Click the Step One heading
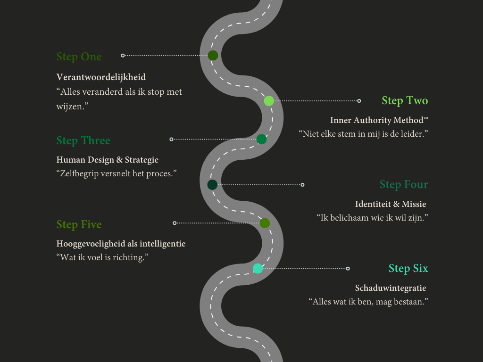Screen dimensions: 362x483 [x=79, y=57]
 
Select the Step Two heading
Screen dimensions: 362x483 [x=405, y=100]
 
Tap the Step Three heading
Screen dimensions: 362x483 [x=83, y=140]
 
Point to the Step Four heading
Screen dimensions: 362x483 [x=404, y=184]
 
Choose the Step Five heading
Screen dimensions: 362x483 [x=79, y=224]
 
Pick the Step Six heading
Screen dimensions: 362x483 [x=408, y=268]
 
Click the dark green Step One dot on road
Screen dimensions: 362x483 [x=213, y=56]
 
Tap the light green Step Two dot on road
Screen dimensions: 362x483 [x=269, y=100]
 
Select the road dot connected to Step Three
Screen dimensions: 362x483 [x=261, y=139]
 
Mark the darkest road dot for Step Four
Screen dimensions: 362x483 [x=212, y=184]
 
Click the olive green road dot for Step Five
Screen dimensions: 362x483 [x=265, y=223]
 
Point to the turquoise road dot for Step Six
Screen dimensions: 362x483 [x=258, y=269]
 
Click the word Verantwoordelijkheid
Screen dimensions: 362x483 [x=101, y=77]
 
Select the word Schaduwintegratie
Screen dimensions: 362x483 [x=391, y=288]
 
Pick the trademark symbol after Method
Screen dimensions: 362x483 [x=426, y=118]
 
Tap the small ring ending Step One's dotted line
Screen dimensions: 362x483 [x=123, y=56]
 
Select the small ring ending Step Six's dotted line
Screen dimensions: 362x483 [x=348, y=269]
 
